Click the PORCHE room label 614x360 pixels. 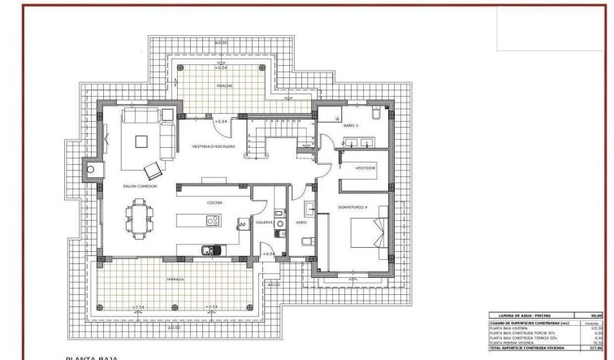(x=225, y=85)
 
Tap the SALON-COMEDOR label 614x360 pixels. (x=140, y=186)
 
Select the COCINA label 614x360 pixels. (x=214, y=202)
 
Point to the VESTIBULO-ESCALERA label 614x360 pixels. (x=214, y=147)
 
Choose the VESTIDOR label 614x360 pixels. (x=365, y=167)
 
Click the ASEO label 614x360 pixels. (x=301, y=221)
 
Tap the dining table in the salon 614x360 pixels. (x=139, y=217)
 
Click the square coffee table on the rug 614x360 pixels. (x=141, y=141)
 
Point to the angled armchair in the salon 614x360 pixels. (x=152, y=170)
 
